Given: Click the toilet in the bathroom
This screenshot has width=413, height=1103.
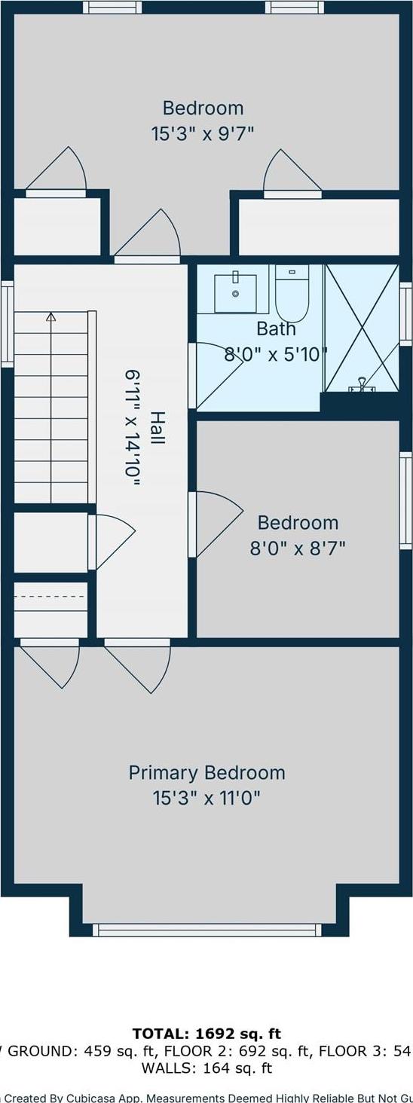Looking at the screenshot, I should point(292,295).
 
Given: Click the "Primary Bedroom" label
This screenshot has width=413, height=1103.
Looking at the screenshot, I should point(206,773).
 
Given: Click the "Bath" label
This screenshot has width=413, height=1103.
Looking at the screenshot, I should point(276,329).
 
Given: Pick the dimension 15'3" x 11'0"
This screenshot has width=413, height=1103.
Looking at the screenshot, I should point(206,798).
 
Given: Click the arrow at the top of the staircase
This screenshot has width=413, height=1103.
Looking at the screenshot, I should point(50,317).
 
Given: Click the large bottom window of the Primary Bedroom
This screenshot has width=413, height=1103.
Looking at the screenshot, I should point(206,930).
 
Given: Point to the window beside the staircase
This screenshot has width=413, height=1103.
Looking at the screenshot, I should point(7,323).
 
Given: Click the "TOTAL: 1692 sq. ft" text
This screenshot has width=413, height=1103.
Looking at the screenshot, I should point(206,1034).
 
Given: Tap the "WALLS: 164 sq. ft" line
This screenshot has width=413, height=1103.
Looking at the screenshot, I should point(206,1068).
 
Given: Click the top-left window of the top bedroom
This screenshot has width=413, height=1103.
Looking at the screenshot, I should point(112,8).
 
